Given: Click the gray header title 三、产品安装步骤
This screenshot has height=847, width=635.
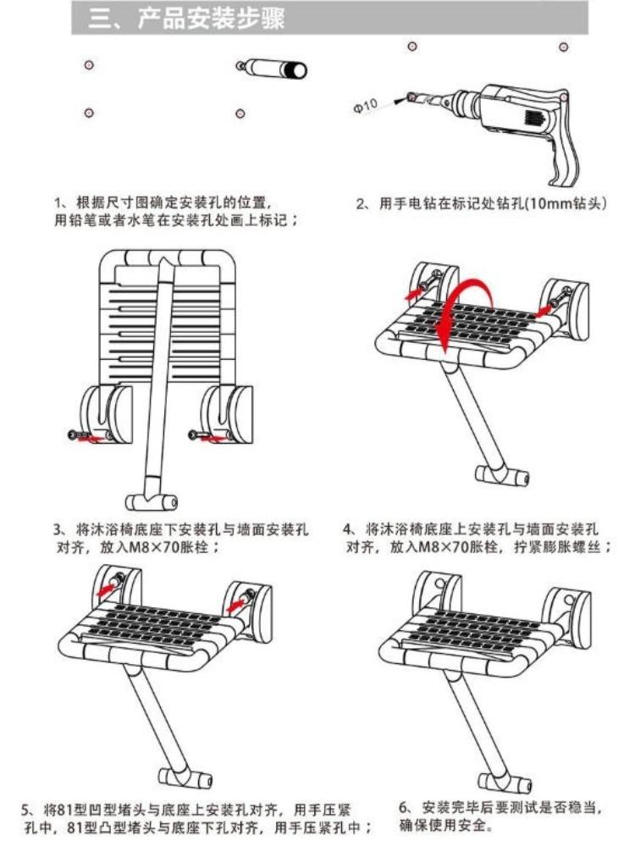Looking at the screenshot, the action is point(187,19).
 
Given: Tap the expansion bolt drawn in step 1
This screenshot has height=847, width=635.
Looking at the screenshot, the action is point(272,69).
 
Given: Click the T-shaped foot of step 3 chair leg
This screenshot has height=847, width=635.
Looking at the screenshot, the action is point(152,501).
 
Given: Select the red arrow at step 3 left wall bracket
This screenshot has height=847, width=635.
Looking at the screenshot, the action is point(91,439).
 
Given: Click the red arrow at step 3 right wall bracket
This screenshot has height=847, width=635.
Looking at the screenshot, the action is point(213,439).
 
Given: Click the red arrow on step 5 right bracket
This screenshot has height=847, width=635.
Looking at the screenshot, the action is point(236,605).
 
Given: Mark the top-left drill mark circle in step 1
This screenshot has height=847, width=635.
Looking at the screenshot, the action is point(89,65).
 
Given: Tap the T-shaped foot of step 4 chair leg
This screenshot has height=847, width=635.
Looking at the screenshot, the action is point(502,475).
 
